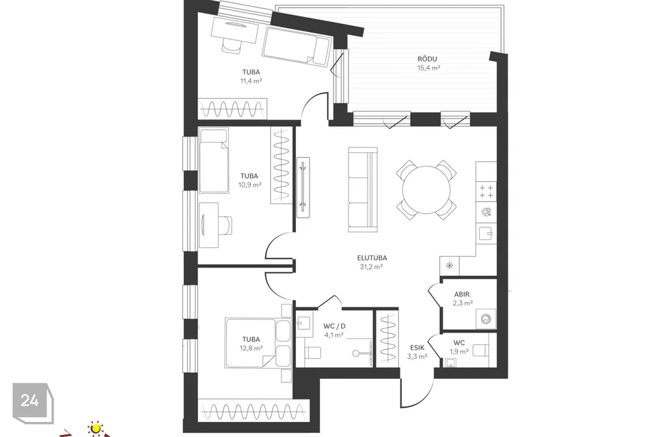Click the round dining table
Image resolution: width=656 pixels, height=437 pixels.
point(426,190)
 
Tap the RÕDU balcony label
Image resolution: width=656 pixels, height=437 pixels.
point(427,59)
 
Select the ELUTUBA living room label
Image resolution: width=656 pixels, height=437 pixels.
point(372,258)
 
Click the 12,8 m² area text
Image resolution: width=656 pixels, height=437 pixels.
point(251,348)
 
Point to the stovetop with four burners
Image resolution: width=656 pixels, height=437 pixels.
point(486,191)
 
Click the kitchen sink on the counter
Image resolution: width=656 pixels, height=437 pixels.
point(485,234)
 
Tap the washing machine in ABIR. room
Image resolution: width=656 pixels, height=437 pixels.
point(486,319)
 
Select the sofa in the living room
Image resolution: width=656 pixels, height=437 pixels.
point(363,189)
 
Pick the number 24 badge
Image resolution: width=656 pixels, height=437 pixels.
point(30,401)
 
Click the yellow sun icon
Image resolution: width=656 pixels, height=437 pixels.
point(96,429)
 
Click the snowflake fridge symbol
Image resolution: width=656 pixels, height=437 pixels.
point(450,266)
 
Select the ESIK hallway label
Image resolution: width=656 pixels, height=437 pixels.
point(417,348)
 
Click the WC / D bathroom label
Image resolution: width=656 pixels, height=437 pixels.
point(334,326)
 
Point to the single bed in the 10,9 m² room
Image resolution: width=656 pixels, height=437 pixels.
point(214,160)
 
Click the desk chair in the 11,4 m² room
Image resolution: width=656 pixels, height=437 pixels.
point(232,44)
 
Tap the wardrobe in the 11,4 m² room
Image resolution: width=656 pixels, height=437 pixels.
point(232,109)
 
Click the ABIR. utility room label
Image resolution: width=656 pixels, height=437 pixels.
point(463,294)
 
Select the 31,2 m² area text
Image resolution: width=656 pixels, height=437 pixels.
point(372,267)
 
